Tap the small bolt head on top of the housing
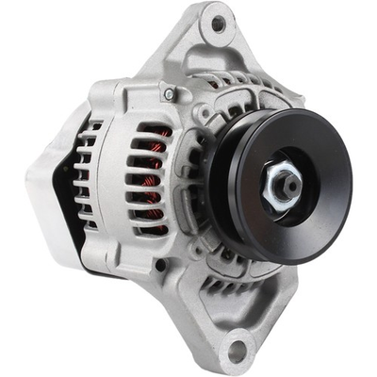coord(169,93)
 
